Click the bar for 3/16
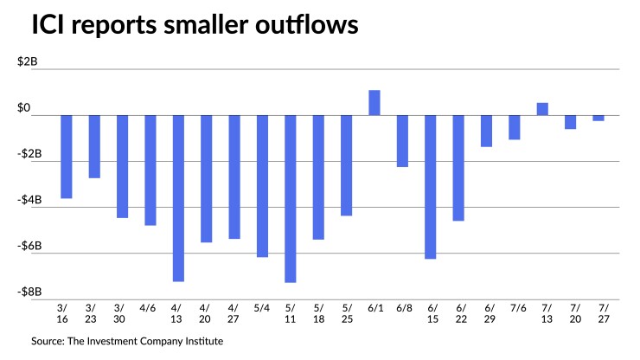point(67,157)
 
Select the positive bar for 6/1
point(374,103)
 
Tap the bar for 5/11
point(291,198)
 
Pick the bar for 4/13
point(178,198)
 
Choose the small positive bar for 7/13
point(542,109)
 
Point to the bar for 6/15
point(431,187)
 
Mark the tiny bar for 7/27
point(598,118)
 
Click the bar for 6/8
point(402,141)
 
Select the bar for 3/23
point(94,146)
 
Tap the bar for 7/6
point(515,127)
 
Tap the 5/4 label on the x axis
point(262,308)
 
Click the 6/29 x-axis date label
point(487,314)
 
